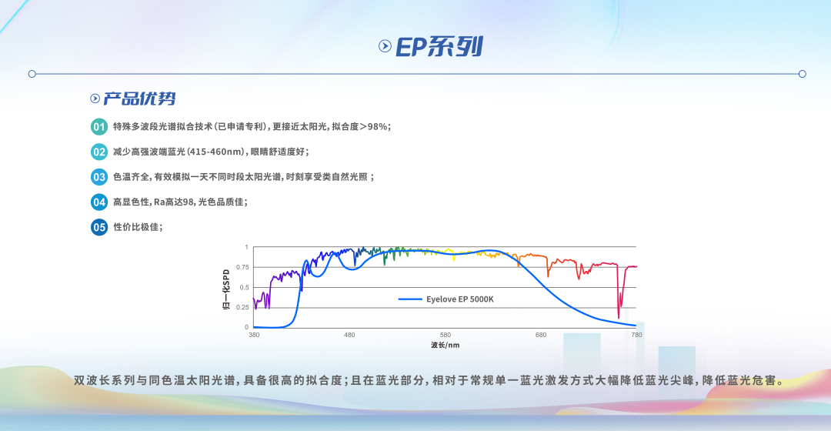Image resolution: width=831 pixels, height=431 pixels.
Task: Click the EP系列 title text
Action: (439, 47)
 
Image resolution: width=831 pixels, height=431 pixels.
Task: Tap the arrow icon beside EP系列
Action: (385, 46)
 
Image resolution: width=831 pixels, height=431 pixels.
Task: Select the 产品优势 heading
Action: (139, 99)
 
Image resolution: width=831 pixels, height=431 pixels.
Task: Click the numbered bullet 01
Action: (99, 127)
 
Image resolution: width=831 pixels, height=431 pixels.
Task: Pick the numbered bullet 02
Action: (99, 152)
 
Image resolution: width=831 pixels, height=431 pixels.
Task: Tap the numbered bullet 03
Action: (99, 177)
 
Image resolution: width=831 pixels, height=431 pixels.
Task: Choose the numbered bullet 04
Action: (99, 202)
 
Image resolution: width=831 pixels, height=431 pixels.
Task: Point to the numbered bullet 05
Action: (99, 227)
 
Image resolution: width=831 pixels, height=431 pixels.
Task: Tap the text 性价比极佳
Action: (136, 227)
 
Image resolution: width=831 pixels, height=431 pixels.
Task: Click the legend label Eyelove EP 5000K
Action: (460, 299)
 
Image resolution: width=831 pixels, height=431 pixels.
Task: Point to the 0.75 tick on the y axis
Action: (242, 267)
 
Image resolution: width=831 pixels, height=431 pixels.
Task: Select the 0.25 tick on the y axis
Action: (242, 307)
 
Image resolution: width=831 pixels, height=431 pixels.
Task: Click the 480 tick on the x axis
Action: (349, 335)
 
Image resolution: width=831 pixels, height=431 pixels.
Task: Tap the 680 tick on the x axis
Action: (541, 335)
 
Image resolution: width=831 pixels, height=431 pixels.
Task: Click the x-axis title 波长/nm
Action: (445, 346)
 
